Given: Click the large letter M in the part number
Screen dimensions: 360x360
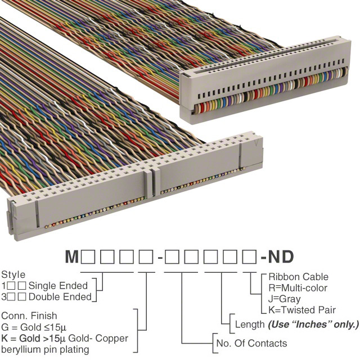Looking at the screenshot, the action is pos(72,256).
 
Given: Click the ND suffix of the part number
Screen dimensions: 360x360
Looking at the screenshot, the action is pos(281,256).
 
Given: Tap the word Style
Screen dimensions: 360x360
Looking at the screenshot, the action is pos(13,274).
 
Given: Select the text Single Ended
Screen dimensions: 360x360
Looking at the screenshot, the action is pos(58,286).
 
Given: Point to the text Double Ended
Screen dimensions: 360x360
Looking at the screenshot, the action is pos(60,296).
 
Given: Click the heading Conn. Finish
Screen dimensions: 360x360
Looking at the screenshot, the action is pos(29,316).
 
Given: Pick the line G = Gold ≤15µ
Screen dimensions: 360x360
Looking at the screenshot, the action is pos(34,327).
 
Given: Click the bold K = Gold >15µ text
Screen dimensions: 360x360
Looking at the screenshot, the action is pos(34,338).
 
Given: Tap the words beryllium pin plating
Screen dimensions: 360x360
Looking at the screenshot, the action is pos(45,349).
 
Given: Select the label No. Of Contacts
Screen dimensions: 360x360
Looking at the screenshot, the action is pos(251,343).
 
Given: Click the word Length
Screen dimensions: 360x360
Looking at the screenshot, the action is pos(250,325).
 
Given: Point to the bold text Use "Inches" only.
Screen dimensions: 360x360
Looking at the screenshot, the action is pos(313,325).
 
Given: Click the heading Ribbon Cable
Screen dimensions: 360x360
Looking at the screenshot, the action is pos(298,277).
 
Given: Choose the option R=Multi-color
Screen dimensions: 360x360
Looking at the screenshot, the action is pos(298,288).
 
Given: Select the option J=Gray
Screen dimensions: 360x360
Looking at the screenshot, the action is pos(285,299).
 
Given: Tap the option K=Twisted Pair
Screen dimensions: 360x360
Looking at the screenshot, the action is pos(302,310).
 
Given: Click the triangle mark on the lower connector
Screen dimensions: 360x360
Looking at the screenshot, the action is pos(256,143).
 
